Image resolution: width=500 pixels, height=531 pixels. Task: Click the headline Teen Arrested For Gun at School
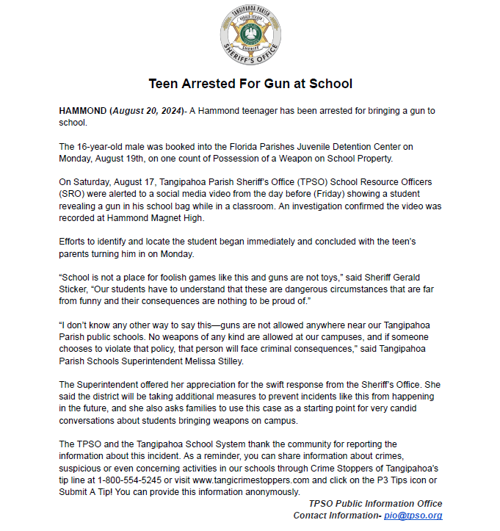[x=250, y=84]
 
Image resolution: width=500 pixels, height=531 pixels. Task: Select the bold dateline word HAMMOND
[x=82, y=110]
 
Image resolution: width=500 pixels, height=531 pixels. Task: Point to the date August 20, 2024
[x=146, y=110]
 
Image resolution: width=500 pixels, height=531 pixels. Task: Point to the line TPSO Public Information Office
[x=375, y=504]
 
